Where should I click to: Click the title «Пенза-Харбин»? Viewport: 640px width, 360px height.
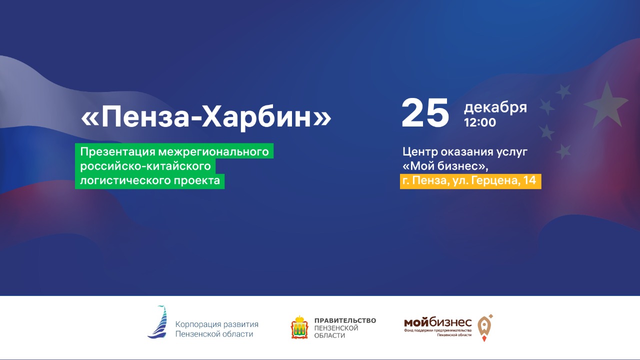coord(206,117)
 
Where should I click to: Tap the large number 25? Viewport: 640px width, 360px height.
coord(425,113)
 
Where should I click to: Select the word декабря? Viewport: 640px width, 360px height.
coord(495,107)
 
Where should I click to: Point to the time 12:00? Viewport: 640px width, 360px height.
coord(480,122)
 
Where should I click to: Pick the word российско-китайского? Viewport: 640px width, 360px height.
coord(145,166)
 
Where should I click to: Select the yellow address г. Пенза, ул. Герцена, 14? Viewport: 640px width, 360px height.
coord(470,181)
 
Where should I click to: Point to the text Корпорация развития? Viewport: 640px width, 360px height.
coord(216,324)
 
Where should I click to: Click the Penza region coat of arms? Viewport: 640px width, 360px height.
coord(299,327)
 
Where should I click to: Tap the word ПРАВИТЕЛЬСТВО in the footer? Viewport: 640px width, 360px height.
coord(345,320)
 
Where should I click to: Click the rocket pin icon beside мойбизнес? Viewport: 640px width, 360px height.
coord(484,327)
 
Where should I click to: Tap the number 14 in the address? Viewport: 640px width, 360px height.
coord(530,181)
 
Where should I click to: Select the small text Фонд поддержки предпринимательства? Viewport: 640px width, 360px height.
coord(438,330)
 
